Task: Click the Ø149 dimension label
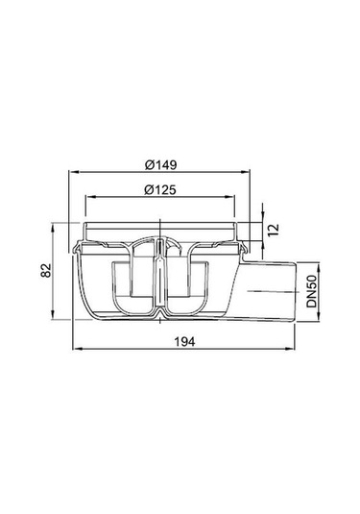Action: tap(160, 164)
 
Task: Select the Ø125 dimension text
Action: tap(160, 189)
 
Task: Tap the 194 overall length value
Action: tap(184, 342)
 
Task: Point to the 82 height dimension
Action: tap(46, 270)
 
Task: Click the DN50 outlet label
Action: tap(312, 291)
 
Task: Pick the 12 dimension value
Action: tap(273, 230)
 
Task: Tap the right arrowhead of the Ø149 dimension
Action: tap(247, 171)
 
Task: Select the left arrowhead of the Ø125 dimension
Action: tap(88, 197)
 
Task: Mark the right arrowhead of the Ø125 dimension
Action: tap(231, 197)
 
